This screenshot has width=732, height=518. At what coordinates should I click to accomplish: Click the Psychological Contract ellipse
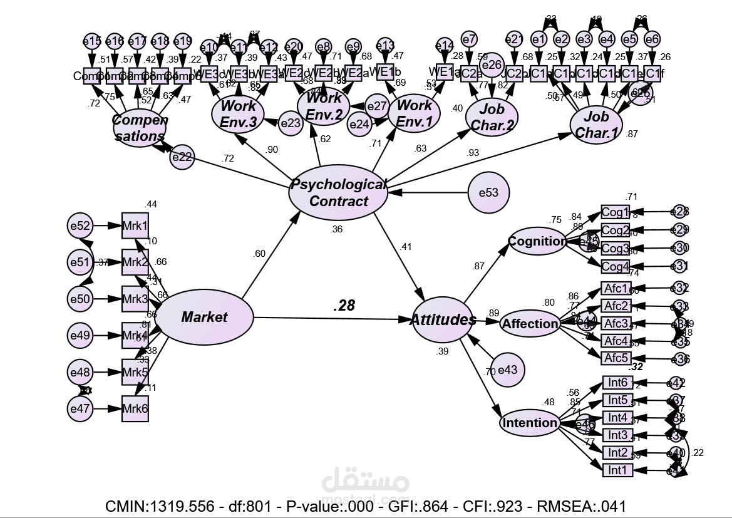[338, 192]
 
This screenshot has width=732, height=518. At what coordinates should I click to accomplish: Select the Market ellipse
[204, 318]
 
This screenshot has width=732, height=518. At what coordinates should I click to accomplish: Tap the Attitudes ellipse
[443, 320]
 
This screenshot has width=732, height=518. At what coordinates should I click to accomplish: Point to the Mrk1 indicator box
[135, 225]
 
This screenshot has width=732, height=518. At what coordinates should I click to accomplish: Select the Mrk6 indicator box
[135, 410]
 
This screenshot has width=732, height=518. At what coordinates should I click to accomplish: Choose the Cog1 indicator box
[615, 212]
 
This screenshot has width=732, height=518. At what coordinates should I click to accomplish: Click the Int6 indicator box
[617, 383]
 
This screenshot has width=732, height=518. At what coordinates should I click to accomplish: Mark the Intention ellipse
[529, 423]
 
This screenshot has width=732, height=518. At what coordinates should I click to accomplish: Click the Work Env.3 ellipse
[238, 113]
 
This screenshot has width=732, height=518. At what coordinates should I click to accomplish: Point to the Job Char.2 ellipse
[492, 117]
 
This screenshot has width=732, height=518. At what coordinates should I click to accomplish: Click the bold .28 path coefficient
[344, 306]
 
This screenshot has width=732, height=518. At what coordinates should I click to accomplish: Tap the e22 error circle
[182, 157]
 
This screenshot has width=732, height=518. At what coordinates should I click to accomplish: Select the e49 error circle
[80, 336]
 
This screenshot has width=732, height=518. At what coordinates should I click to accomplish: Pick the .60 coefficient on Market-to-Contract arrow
[259, 254]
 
